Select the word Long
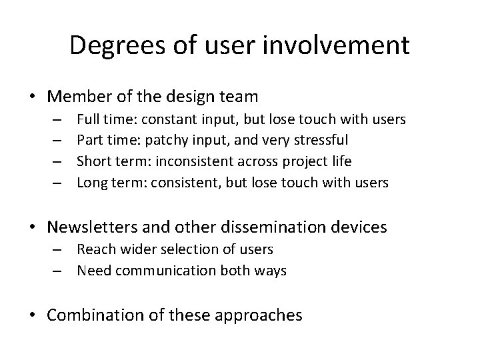[91, 182]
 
